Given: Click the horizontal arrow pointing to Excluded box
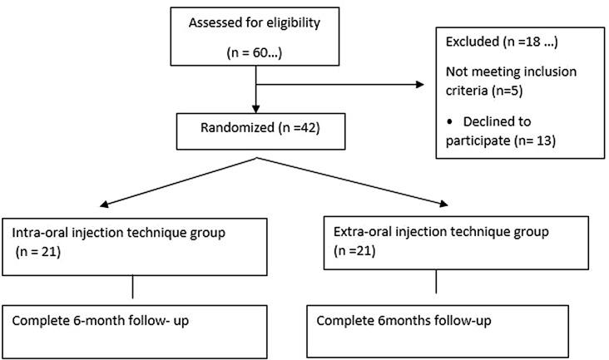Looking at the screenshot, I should pos(349,84).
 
